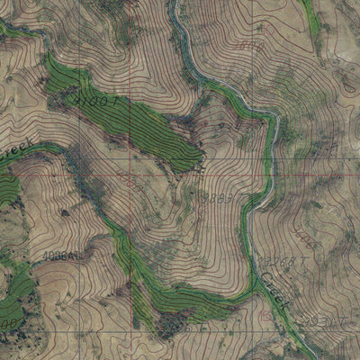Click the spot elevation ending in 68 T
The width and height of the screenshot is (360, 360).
click(x=272, y=261)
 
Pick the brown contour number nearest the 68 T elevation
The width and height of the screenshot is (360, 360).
click(x=303, y=241)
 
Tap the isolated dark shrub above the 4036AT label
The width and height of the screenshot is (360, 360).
click(x=65, y=212)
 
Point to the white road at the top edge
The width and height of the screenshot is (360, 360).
click(x=176, y=7)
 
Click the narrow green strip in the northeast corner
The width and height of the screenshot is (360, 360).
click(x=311, y=18)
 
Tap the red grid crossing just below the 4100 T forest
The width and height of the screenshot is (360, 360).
click(x=134, y=160)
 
